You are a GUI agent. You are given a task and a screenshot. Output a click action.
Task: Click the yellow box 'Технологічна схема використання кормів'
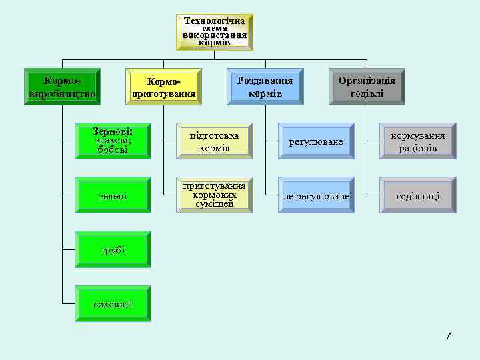pos(215,32)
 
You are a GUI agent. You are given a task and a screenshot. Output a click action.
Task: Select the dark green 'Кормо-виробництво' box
pos(62,87)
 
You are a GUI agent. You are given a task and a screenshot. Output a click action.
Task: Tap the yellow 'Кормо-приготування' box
pos(163,87)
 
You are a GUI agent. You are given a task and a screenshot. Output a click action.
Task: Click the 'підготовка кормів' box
pos(214,141)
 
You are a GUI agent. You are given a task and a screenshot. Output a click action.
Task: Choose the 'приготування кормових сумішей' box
pos(214,195)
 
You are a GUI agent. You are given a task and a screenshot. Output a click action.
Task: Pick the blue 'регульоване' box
pos(316,142)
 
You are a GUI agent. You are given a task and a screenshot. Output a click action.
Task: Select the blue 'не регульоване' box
pos(316,196)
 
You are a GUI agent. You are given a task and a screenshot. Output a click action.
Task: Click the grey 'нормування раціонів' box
pos(417,141)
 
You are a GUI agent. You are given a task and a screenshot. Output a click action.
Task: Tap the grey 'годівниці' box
pos(417,196)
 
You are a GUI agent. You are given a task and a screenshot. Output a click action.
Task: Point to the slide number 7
pos(449,335)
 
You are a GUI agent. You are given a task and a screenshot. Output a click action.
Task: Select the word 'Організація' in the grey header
pos(367,80)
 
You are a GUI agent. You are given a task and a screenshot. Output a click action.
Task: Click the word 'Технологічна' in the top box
pos(215,21)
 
